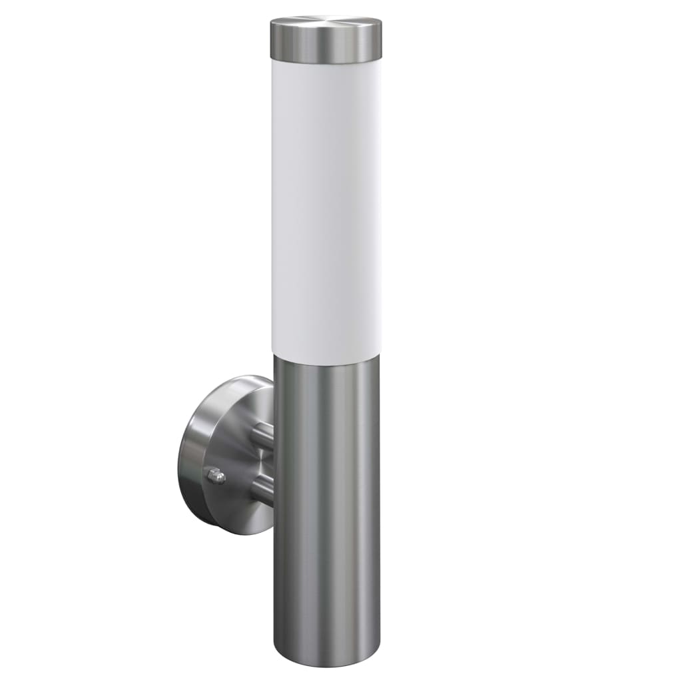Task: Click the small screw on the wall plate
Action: (x=215, y=476)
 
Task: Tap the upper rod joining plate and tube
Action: (x=263, y=434)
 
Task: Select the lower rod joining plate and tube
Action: (x=263, y=491)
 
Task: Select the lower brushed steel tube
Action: (x=326, y=519)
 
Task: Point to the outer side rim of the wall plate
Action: (x=190, y=460)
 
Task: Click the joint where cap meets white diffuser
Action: (x=326, y=63)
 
